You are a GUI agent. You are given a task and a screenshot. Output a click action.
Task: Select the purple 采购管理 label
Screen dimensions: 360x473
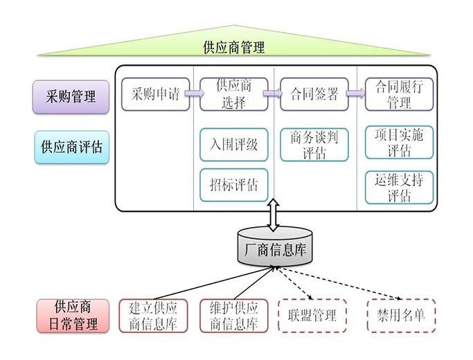[71, 96]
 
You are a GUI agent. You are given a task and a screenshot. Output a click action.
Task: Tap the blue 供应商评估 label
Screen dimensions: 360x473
[71, 147]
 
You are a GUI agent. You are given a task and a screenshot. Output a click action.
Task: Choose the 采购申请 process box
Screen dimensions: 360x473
[155, 94]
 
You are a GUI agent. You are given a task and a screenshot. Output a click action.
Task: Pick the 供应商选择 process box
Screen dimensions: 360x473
[233, 94]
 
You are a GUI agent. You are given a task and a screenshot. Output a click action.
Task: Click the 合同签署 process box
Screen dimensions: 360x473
[314, 94]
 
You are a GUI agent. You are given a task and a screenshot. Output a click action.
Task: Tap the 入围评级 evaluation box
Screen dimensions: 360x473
[233, 145]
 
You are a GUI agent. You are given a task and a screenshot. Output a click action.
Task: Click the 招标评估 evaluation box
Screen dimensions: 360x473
[233, 185]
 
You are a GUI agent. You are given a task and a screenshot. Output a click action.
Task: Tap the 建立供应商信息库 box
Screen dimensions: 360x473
[153, 316]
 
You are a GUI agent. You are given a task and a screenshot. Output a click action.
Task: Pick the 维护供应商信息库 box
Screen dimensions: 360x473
[233, 316]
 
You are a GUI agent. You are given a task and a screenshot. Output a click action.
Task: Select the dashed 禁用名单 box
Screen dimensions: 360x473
[402, 316]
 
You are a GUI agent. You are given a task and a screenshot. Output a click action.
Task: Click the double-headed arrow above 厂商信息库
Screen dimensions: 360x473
[274, 215]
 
